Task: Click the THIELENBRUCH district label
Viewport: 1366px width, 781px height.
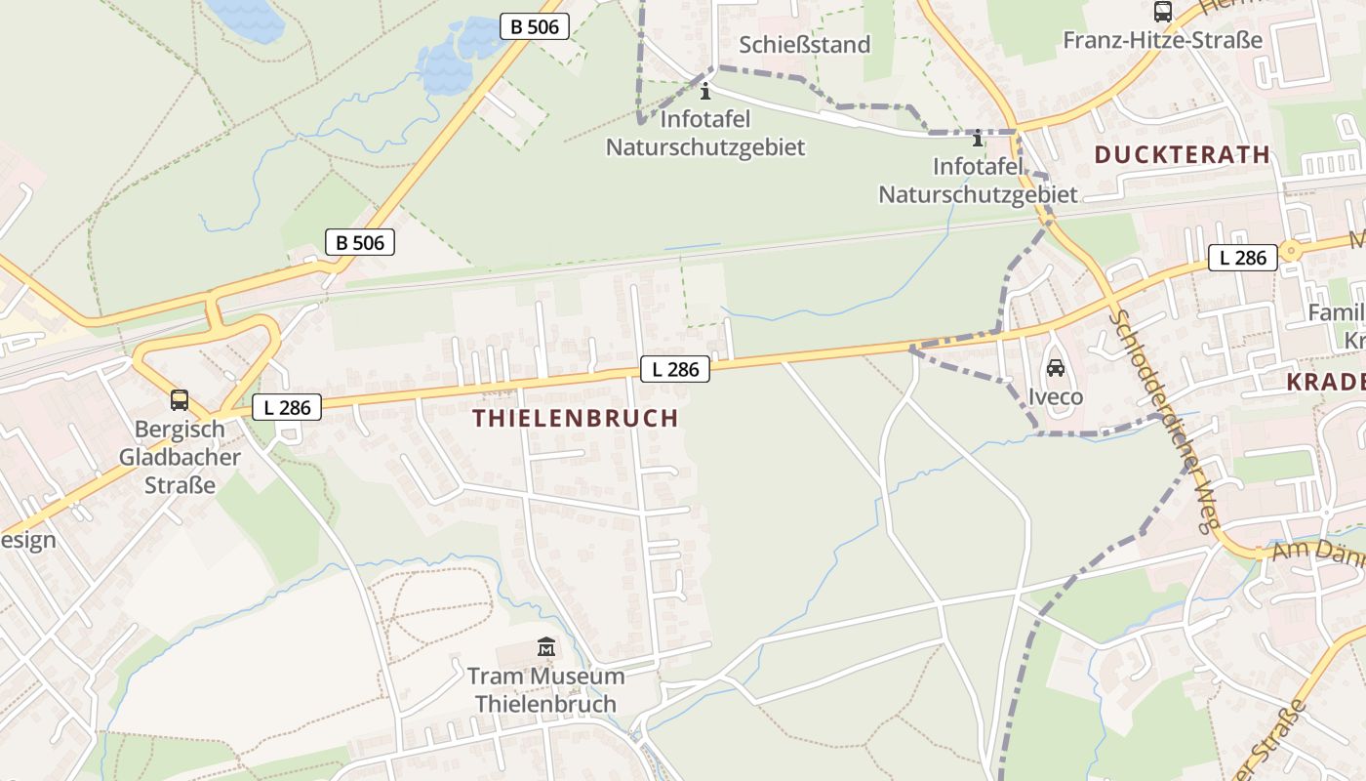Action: click(576, 418)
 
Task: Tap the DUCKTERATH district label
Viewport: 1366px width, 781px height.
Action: click(1182, 154)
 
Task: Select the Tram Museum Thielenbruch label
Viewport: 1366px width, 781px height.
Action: click(546, 689)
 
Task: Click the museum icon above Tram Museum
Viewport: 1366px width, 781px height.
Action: click(545, 646)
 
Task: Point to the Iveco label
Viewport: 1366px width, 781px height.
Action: click(1056, 397)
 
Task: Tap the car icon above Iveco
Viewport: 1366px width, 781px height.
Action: click(1055, 368)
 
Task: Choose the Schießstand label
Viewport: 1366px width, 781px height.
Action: click(805, 44)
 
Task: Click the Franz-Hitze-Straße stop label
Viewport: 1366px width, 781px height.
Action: click(1162, 40)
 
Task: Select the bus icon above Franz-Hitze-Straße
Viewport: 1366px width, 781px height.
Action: click(1162, 12)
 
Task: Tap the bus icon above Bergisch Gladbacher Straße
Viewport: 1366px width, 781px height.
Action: click(180, 399)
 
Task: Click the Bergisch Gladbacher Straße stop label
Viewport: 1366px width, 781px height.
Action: click(180, 456)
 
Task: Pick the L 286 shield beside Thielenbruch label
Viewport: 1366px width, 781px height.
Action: click(675, 369)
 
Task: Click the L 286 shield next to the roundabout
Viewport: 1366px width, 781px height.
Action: click(1243, 258)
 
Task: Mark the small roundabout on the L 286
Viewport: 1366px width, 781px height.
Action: click(1292, 251)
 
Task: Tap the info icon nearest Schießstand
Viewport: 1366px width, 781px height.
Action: click(705, 92)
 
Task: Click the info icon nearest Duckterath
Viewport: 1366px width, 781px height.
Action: click(978, 139)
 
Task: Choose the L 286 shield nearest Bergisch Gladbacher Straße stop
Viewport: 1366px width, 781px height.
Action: click(287, 407)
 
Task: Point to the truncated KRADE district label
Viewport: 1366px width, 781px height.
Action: click(1326, 382)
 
